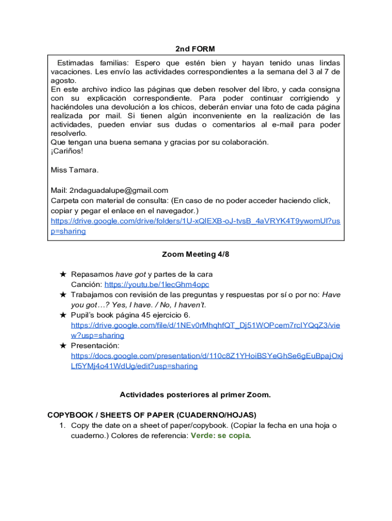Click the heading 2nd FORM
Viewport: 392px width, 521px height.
point(195,49)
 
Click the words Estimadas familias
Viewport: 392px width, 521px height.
point(90,63)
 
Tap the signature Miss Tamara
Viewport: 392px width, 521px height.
point(75,169)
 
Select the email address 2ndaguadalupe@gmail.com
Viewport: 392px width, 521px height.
point(119,190)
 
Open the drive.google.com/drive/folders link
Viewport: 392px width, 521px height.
point(195,221)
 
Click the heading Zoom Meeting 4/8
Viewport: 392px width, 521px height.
point(195,254)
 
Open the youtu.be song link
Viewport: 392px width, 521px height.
point(157,284)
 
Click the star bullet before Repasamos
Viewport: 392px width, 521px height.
point(63,274)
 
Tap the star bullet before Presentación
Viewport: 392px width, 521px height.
point(63,345)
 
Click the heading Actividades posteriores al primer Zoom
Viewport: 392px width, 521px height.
point(195,395)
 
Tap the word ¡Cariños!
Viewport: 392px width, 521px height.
point(67,151)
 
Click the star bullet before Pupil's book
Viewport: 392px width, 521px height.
point(63,315)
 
